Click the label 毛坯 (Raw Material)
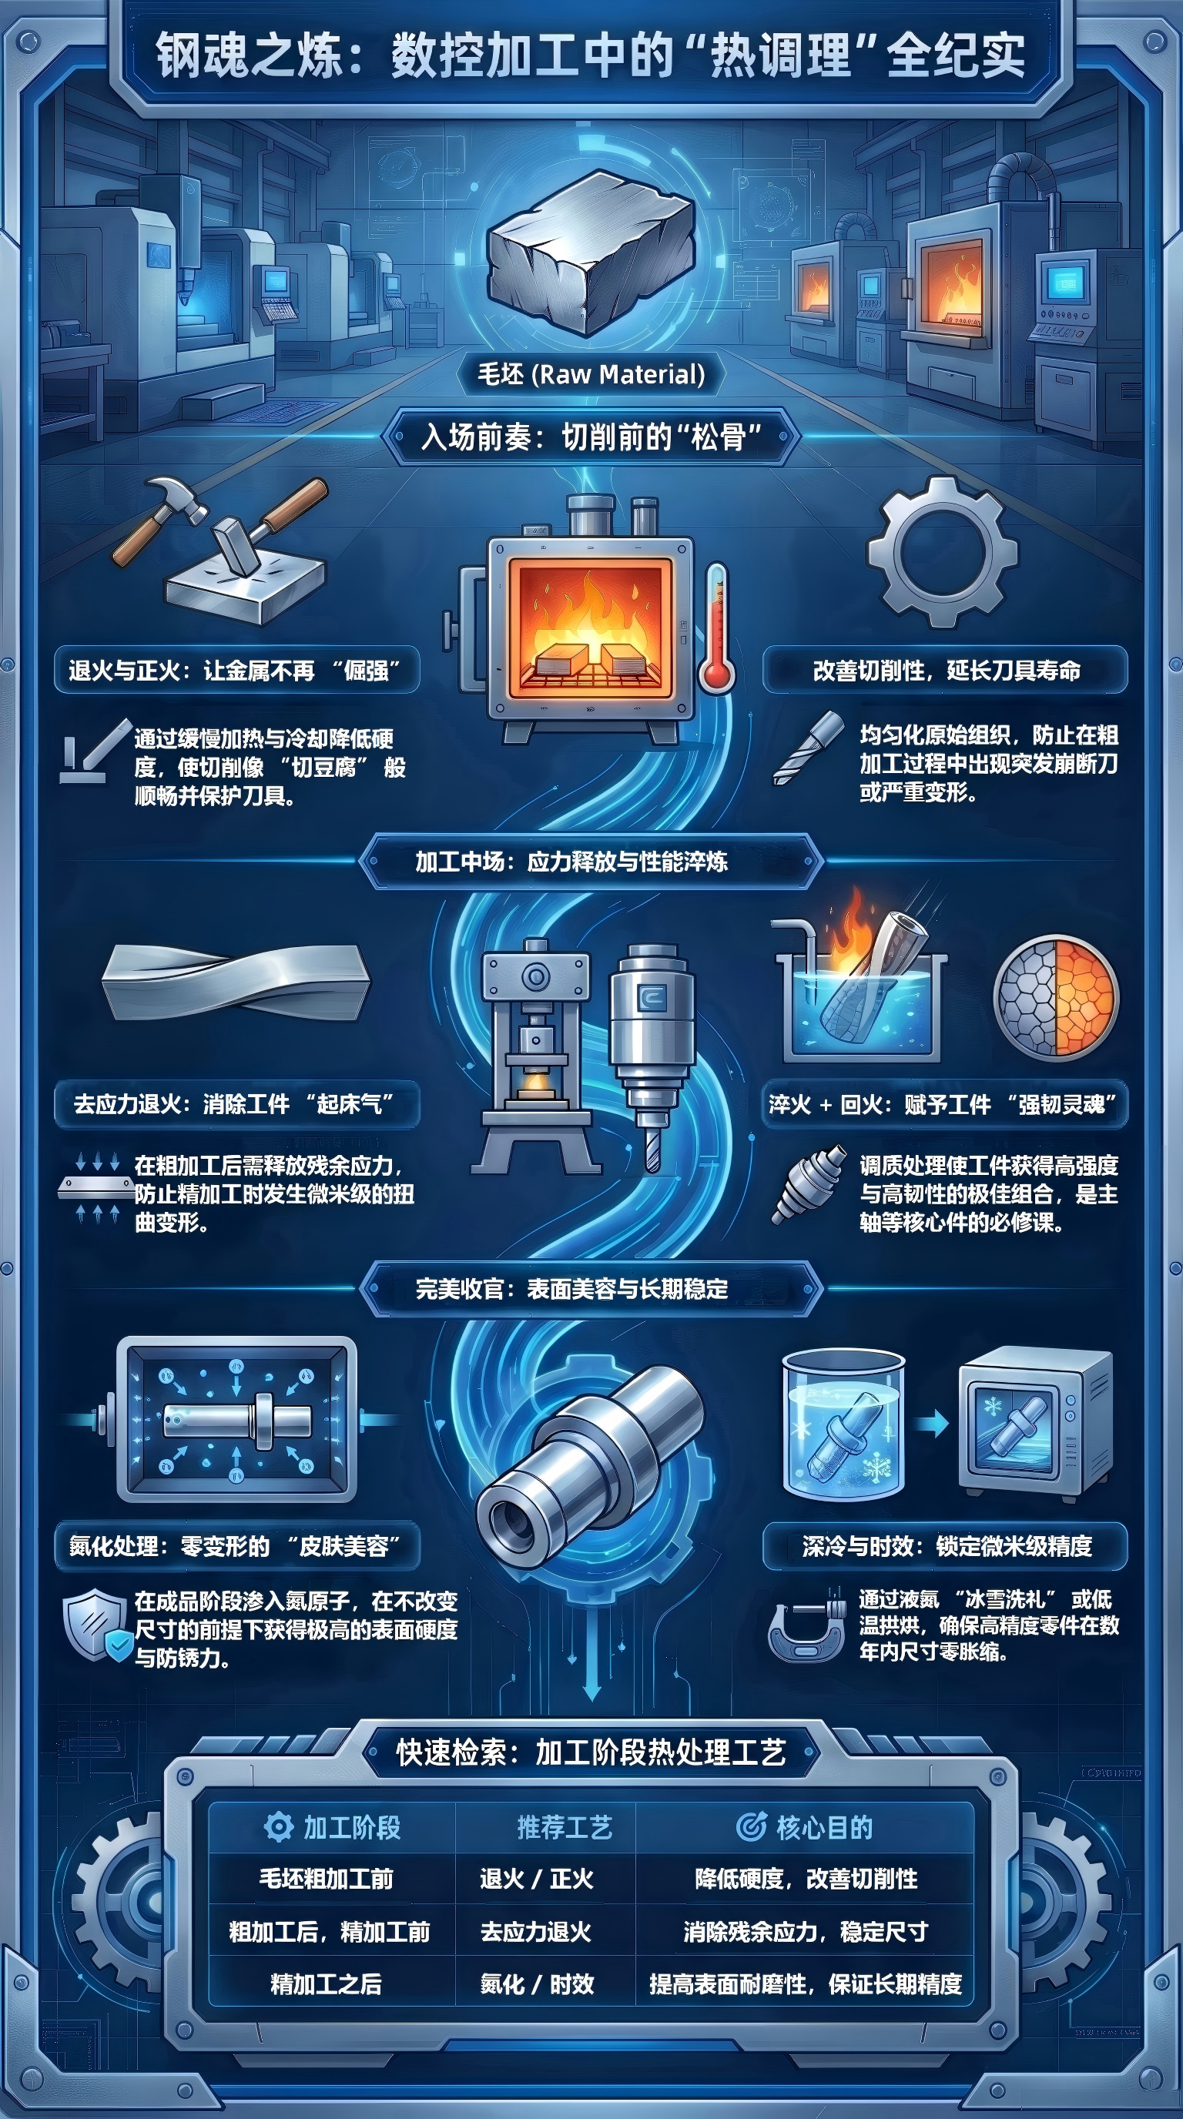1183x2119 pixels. click(591, 374)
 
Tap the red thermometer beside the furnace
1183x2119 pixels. click(715, 626)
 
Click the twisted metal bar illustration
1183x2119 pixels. click(236, 982)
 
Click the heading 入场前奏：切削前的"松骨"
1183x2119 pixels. click(591, 437)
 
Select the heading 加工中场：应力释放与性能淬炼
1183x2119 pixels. click(571, 862)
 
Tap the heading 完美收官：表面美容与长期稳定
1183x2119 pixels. click(571, 1289)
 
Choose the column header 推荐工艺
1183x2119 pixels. click(565, 1828)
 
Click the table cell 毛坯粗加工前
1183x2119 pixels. click(327, 1880)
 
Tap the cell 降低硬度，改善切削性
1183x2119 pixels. click(806, 1880)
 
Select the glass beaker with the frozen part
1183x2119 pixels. click(843, 1425)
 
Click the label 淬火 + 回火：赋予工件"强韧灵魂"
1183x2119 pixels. click(943, 1104)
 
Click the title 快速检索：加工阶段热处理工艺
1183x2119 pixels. click(591, 1752)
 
